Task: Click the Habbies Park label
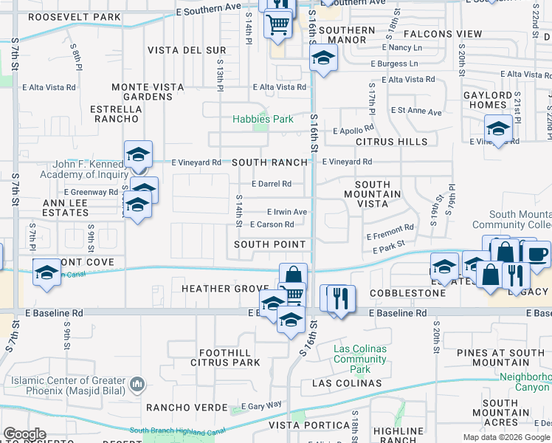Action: (x=263, y=119)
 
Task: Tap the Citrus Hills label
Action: (x=391, y=142)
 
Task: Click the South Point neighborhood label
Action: (x=269, y=244)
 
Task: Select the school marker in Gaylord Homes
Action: (x=498, y=128)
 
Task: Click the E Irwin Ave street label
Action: (x=287, y=212)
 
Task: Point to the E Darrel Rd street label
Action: (x=272, y=184)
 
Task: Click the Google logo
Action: (x=24, y=434)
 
